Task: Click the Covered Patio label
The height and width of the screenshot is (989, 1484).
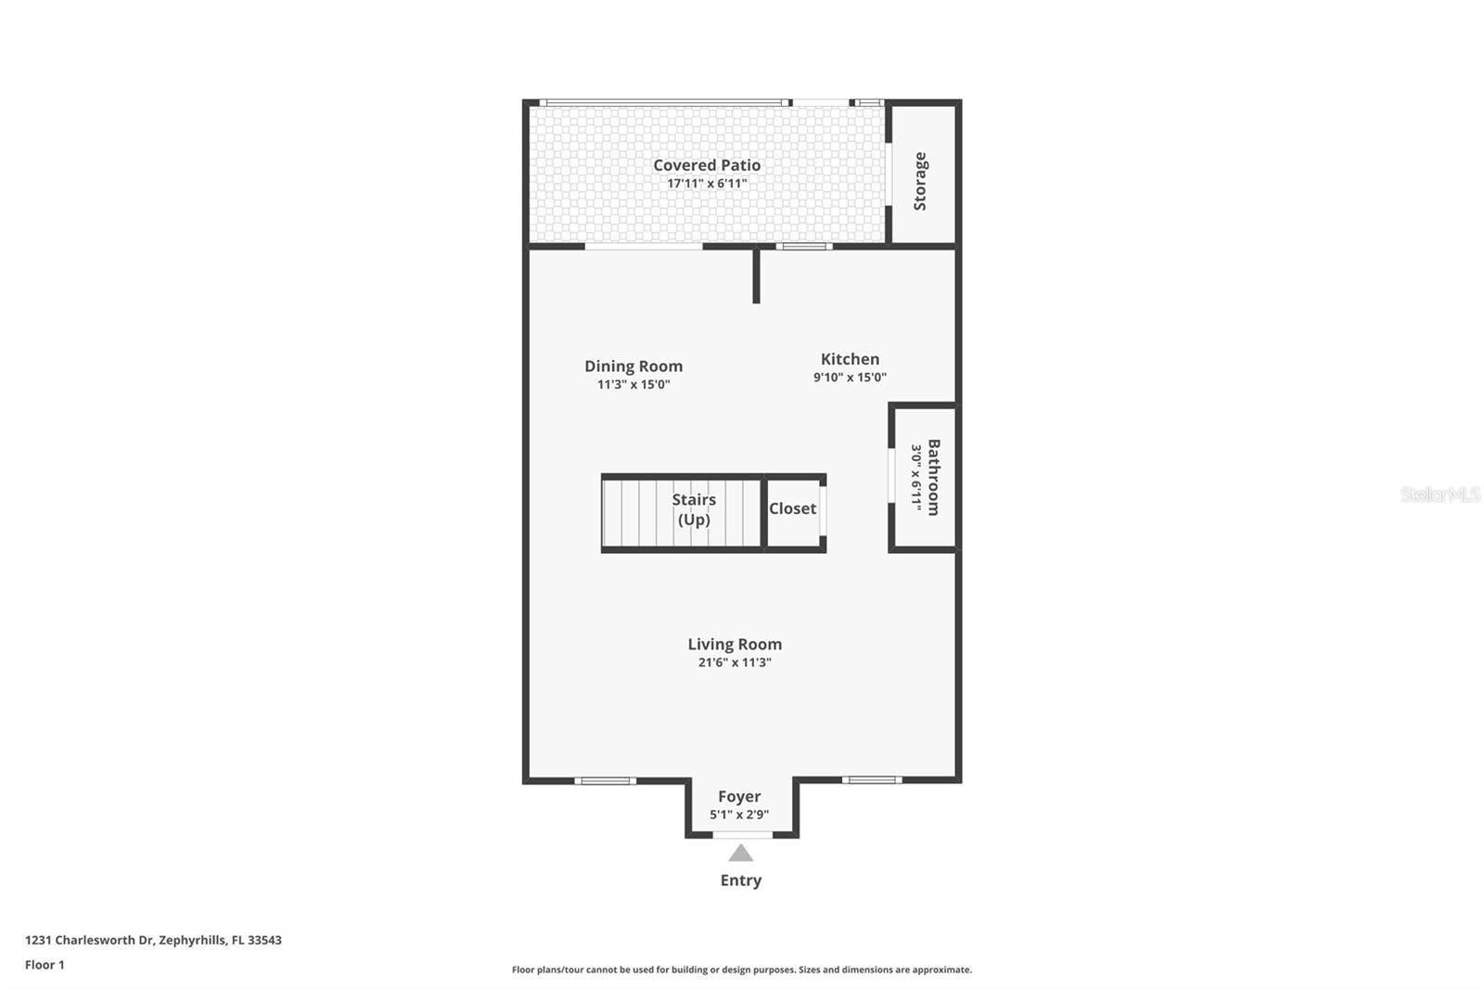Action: point(707,165)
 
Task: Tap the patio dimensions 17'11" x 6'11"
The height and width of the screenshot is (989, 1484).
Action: point(707,184)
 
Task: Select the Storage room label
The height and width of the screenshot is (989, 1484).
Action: point(920,182)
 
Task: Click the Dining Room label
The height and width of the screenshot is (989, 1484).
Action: point(633,366)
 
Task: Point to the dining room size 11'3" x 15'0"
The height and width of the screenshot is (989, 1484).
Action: point(633,384)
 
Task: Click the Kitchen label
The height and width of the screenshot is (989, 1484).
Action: point(850,359)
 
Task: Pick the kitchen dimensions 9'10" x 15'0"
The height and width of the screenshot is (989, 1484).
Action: point(850,378)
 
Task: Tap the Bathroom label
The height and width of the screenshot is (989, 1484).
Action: point(933,477)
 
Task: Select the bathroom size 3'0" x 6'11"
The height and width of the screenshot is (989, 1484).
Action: point(915,477)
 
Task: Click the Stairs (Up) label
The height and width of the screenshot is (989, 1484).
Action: point(694,509)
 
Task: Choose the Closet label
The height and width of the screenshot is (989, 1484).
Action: point(792,508)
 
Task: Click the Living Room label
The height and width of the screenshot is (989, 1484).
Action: point(735,644)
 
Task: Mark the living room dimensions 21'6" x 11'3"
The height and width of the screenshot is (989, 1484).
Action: point(735,662)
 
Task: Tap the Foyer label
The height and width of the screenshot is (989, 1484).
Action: point(739,796)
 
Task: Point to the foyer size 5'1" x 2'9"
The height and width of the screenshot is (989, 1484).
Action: point(739,815)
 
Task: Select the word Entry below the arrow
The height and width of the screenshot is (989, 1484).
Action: point(740,880)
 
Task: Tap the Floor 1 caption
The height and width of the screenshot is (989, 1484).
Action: point(45,965)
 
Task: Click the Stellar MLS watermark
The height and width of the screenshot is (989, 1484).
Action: point(1439,494)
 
